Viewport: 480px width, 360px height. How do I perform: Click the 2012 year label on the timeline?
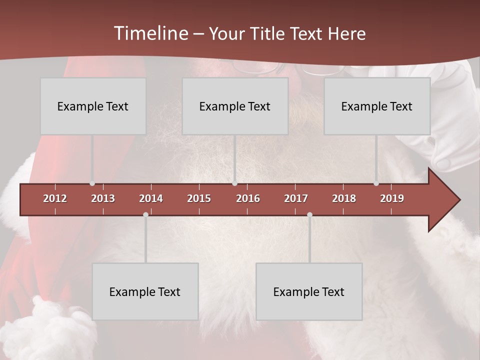[x=55, y=198]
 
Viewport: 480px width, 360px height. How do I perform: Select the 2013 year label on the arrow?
[x=103, y=198]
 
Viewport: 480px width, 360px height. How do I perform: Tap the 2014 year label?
[x=151, y=198]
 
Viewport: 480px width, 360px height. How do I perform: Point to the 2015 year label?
[x=199, y=198]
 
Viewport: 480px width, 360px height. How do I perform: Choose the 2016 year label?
[x=248, y=198]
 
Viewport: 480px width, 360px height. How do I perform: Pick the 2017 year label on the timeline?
[x=296, y=198]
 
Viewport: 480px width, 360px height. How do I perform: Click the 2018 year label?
[x=344, y=198]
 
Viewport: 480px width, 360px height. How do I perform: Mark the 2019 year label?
[x=392, y=198]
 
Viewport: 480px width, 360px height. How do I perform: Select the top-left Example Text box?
[x=93, y=106]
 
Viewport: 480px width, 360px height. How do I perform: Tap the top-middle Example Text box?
[x=235, y=106]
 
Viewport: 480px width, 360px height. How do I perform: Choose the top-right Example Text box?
[x=377, y=106]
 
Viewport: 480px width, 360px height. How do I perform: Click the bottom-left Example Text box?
[x=145, y=291]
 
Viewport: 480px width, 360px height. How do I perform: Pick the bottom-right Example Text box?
[x=309, y=291]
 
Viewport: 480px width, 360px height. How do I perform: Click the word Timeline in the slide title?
[x=150, y=33]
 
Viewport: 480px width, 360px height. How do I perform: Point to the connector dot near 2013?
[x=92, y=183]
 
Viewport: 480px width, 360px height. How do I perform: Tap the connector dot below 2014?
[x=145, y=214]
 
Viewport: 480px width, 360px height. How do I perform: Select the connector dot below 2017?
[x=309, y=214]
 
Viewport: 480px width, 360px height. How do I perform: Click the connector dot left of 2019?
[x=376, y=183]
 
